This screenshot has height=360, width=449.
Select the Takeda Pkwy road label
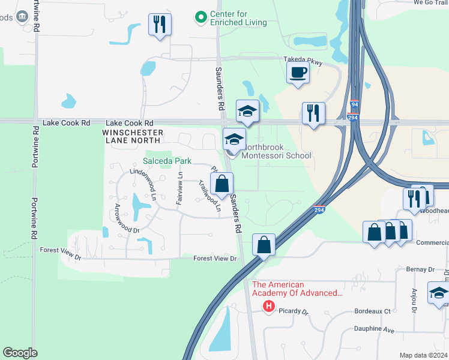(x=303, y=62)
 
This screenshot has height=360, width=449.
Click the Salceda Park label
(x=167, y=161)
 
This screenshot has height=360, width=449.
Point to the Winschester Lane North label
(x=133, y=136)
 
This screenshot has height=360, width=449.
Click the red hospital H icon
(x=269, y=307)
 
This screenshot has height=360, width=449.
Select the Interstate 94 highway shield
(x=354, y=104)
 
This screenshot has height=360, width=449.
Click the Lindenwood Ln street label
(x=143, y=185)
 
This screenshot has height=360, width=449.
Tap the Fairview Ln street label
(x=179, y=188)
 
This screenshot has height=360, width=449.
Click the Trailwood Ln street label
(x=209, y=197)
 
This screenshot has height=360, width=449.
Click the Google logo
(x=20, y=353)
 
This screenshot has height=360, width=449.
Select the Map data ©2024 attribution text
(x=423, y=355)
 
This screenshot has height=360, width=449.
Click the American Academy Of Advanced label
(x=297, y=289)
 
